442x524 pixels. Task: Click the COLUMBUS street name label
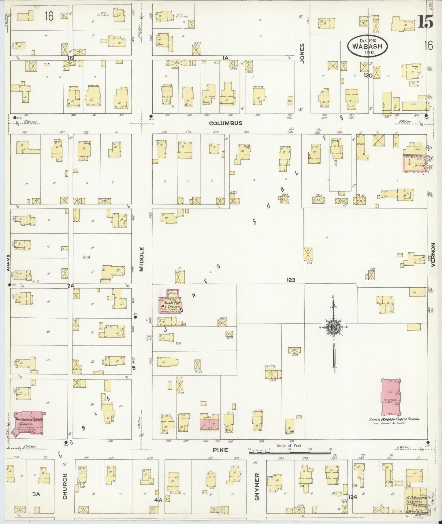tap(225, 123)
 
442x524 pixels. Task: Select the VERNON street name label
tap(433, 255)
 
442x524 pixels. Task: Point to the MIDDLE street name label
tap(142, 259)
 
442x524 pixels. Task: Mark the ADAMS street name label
tap(8, 263)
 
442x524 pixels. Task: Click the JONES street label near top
tap(302, 54)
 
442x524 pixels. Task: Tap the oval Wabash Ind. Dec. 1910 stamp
tap(367, 46)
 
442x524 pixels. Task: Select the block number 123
tap(291, 280)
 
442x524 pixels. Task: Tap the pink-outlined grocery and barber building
tap(415, 163)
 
